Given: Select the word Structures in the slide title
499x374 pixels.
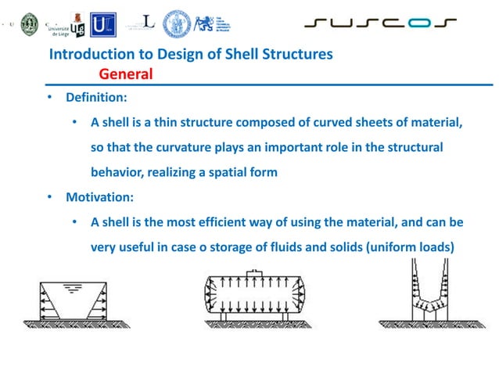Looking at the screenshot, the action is (300, 54).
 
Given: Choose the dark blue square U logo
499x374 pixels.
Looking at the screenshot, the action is (101, 23).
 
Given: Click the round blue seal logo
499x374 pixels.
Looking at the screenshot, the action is (177, 23).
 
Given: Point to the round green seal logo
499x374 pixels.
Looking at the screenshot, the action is (29, 23).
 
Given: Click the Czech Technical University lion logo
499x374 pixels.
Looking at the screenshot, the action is (206, 23).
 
